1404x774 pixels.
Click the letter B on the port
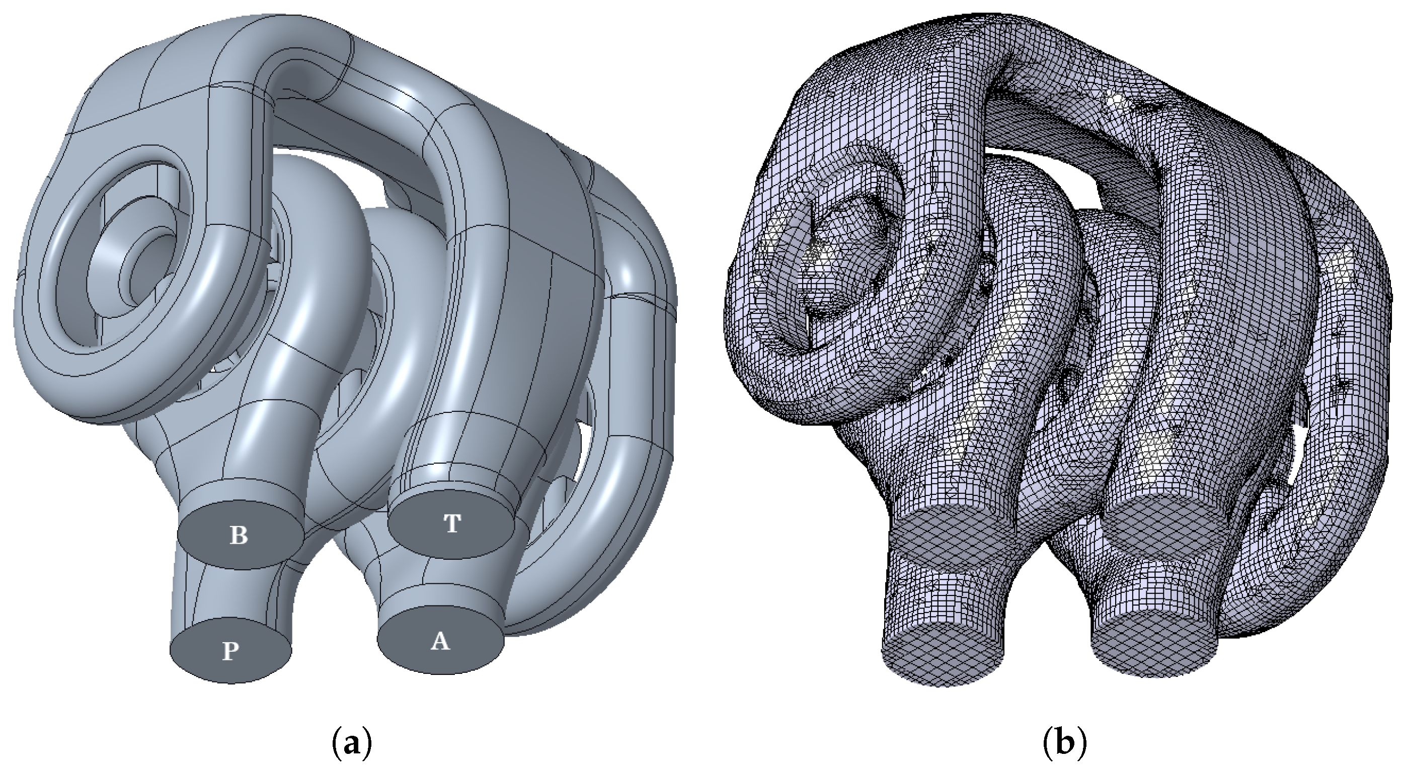[239, 536]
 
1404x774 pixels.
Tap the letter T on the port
[452, 524]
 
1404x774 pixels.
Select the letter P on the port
[230, 651]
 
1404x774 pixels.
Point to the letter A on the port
[440, 642]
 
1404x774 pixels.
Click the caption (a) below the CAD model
[351, 743]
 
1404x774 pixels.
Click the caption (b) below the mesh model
[1064, 743]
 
